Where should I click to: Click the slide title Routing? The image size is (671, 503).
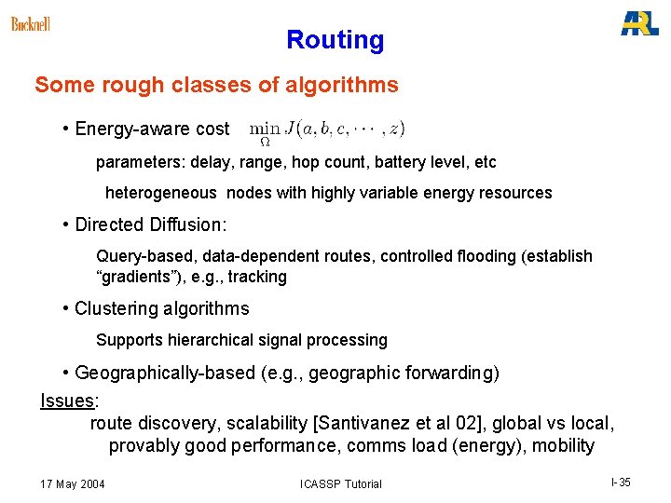[x=335, y=40]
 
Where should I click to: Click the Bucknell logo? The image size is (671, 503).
[x=31, y=23]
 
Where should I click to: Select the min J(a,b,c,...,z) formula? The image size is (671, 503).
[x=327, y=130]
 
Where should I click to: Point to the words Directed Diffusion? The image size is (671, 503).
[x=150, y=224]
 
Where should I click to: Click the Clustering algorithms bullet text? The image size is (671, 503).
[x=161, y=308]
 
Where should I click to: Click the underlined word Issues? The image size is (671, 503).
[x=68, y=401]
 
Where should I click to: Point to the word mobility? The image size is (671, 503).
[x=563, y=446]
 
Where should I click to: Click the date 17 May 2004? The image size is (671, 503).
[x=73, y=483]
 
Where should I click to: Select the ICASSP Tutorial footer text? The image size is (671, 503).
[x=340, y=484]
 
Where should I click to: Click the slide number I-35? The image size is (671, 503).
[x=621, y=483]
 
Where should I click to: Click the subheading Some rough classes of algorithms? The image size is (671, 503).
[x=216, y=86]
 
